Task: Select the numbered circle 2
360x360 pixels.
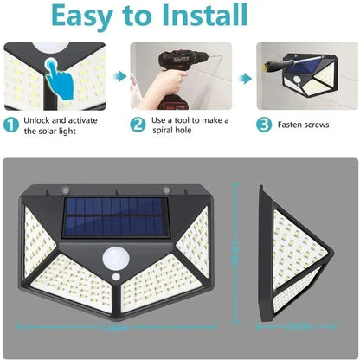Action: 138,124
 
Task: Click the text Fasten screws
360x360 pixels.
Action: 303,125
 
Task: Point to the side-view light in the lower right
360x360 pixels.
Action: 305,252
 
